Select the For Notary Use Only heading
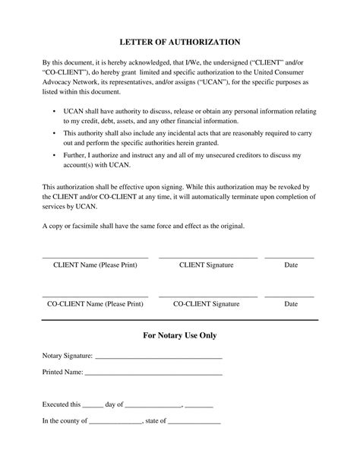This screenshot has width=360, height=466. (x=179, y=335)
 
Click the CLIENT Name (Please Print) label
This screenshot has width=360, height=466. (x=96, y=265)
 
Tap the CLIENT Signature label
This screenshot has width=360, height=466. (x=206, y=265)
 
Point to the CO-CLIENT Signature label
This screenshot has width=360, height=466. (x=206, y=303)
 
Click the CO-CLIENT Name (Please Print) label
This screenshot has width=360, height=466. (x=96, y=303)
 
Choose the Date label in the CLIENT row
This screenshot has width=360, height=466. (x=290, y=265)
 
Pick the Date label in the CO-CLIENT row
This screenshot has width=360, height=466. (x=290, y=303)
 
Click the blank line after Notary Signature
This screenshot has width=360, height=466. (x=158, y=357)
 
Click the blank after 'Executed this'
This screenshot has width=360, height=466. (x=92, y=407)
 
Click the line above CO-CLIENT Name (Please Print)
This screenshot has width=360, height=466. (x=95, y=296)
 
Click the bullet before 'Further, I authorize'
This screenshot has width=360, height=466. (x=54, y=154)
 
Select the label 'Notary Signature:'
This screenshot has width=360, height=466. (x=68, y=355)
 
